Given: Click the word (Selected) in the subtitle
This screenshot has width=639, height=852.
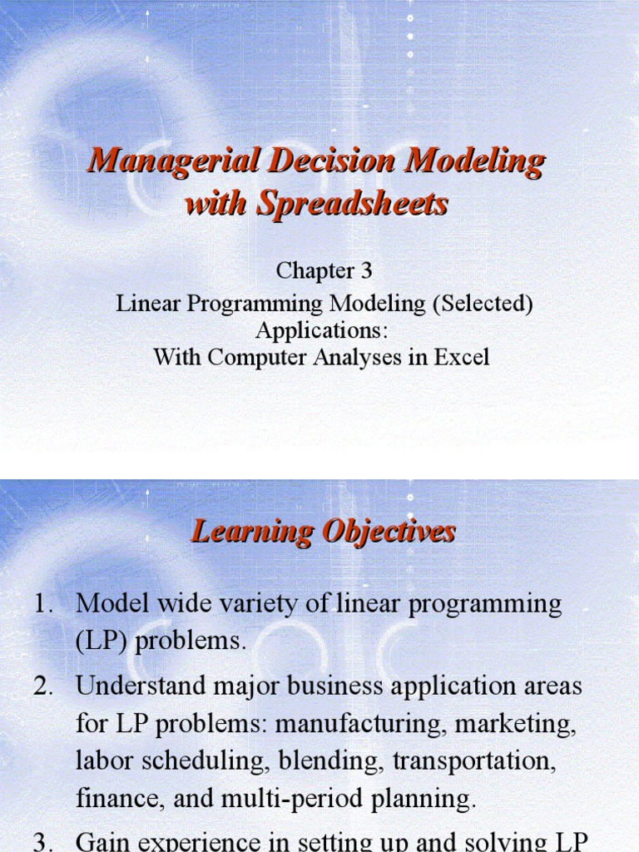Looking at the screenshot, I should (483, 304).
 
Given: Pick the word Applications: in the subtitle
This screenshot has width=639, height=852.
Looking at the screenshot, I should (322, 330).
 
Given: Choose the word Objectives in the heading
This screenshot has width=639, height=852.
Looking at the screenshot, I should (389, 532).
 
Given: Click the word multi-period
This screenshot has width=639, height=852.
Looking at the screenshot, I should (285, 799).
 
